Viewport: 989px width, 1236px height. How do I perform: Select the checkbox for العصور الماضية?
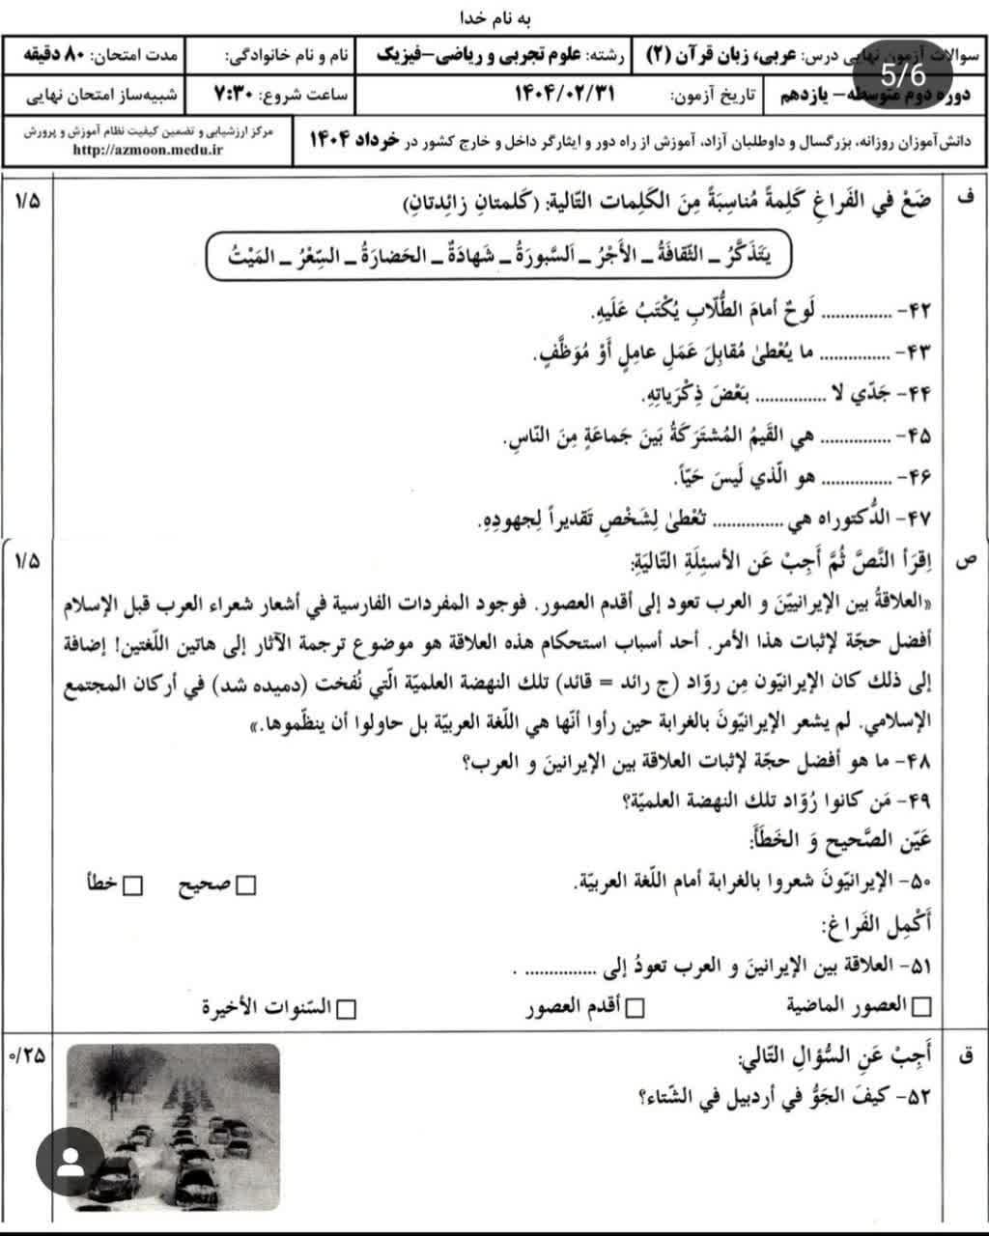[x=921, y=1007]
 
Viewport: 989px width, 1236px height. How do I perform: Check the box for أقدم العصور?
[x=635, y=1008]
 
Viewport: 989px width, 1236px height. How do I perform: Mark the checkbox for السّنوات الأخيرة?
[x=345, y=1008]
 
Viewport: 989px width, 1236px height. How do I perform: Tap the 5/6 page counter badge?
[x=902, y=74]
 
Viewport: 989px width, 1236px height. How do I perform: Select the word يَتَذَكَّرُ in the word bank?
[x=753, y=257]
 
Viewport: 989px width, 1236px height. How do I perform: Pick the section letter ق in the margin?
[x=963, y=1056]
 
